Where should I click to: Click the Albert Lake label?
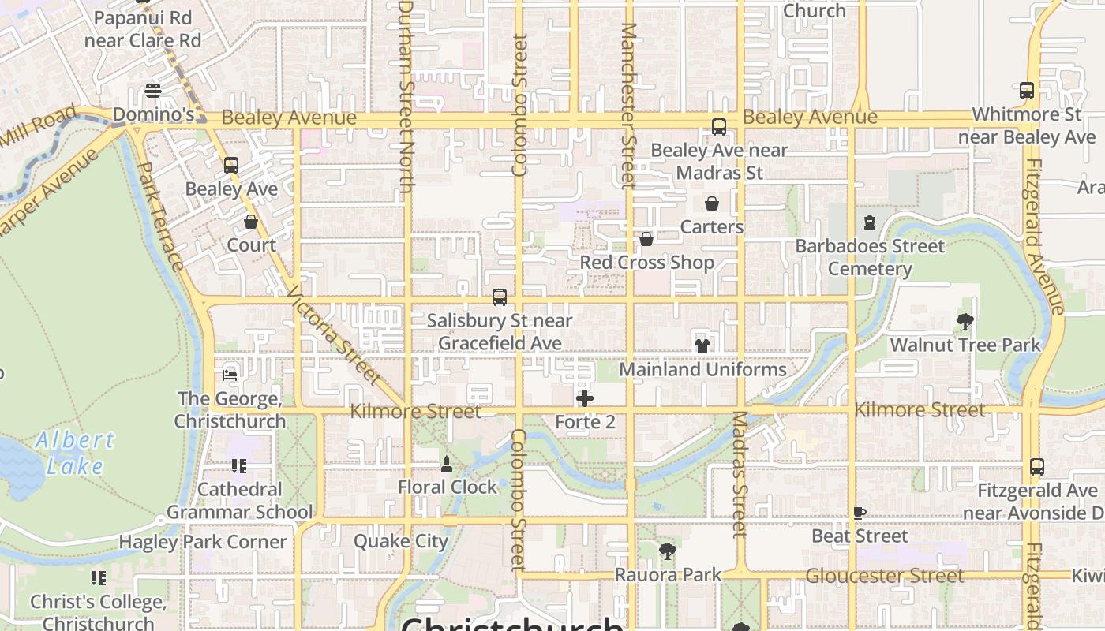[x=74, y=453]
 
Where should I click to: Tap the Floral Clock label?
[x=448, y=487]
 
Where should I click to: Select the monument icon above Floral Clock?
[x=447, y=464]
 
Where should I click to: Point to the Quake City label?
[x=401, y=541]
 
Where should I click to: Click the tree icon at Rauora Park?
[x=668, y=551]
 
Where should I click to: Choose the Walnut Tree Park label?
[x=965, y=345]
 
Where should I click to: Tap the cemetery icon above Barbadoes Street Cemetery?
[x=870, y=222]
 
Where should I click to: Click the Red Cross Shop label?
[x=646, y=262]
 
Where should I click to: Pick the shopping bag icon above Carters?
[x=712, y=203]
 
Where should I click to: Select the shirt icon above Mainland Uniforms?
[x=702, y=345]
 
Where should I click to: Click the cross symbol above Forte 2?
[x=585, y=398]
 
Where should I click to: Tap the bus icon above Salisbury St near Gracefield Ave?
[x=500, y=297]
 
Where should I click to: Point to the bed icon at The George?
[x=230, y=375]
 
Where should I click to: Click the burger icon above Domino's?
[x=153, y=91]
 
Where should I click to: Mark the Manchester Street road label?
[x=628, y=106]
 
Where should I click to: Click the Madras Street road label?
[x=739, y=475]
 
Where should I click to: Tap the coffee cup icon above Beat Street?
[x=859, y=513]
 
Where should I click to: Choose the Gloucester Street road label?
[x=884, y=576]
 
